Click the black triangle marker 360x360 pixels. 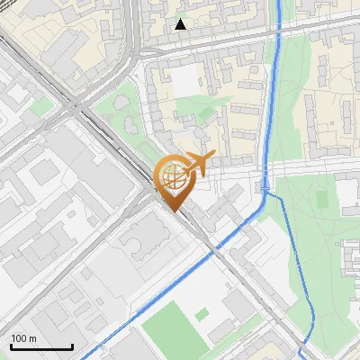click(181, 24)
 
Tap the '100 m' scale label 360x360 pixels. click(24, 338)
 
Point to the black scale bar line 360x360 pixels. click(41, 347)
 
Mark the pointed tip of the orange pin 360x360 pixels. click(173, 211)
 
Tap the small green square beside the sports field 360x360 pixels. click(202, 314)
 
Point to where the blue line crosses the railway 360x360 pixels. click(212, 253)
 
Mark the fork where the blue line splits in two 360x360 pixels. click(265, 191)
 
